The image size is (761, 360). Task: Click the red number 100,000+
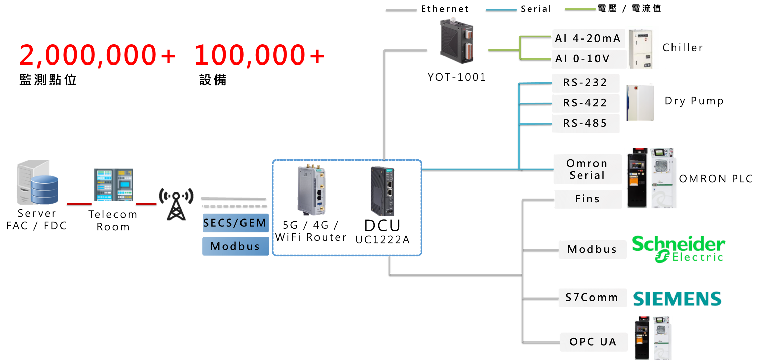tap(259, 55)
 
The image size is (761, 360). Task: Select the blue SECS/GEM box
tap(235, 223)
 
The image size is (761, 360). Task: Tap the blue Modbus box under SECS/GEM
tap(235, 246)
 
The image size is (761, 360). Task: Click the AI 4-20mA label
tap(588, 38)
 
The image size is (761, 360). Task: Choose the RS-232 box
tap(585, 83)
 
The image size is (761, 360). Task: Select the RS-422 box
tap(585, 103)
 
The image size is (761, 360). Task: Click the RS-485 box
tap(585, 123)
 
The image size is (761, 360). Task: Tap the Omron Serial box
tap(587, 169)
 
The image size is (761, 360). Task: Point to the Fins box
tap(587, 199)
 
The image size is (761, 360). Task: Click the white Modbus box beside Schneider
tap(592, 250)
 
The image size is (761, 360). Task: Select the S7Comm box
tap(592, 298)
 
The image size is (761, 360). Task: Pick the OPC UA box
tap(593, 342)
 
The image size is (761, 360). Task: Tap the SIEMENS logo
tap(677, 299)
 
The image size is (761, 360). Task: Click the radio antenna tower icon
tap(176, 204)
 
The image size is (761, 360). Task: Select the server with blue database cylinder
tap(37, 183)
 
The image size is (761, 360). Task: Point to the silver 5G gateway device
tap(311, 190)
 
